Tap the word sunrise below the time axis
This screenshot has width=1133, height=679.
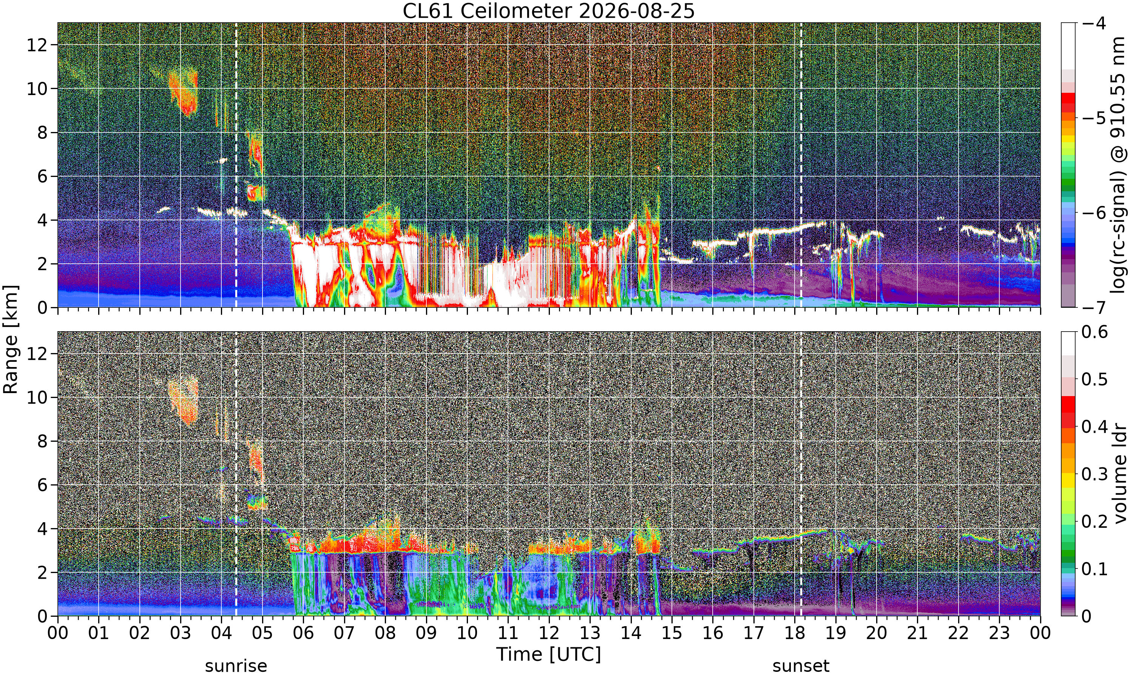[236, 666]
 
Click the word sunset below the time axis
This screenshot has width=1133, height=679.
[801, 666]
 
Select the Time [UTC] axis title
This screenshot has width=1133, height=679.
[549, 654]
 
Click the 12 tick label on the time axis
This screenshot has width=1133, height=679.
[549, 633]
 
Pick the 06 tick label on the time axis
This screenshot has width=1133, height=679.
[303, 633]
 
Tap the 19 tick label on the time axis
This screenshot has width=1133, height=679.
[835, 633]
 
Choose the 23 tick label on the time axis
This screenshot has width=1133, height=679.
[999, 633]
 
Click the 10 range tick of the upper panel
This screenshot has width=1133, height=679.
[37, 89]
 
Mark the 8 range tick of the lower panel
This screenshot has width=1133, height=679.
[43, 441]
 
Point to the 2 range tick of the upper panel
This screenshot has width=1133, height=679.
[43, 264]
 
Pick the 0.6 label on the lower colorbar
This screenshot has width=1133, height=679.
[1094, 332]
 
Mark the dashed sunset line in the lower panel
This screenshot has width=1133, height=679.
[801, 473]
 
